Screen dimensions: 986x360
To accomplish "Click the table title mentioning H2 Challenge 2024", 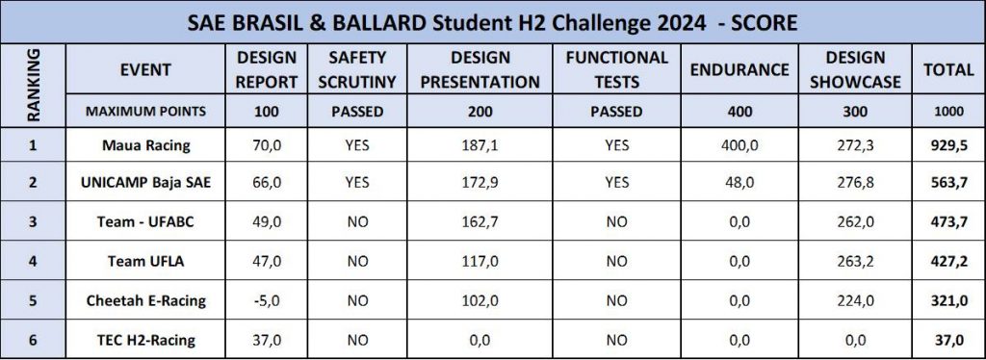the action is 492,23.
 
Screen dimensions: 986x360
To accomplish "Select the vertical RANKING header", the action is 34,85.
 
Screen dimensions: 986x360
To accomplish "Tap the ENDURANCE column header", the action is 739,69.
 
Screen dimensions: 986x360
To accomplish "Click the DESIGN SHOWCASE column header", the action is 855,69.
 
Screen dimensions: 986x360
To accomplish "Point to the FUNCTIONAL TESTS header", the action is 616,69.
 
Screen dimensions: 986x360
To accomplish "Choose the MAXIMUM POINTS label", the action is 146,112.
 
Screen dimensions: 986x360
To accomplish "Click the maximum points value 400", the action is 739,112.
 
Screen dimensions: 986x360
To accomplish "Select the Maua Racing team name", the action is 146,145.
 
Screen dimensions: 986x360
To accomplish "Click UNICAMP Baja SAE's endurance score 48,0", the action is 739,182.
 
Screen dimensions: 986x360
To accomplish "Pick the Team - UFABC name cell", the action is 146,221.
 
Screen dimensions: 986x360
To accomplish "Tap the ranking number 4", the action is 34,261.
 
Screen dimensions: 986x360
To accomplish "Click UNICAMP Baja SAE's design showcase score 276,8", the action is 855,182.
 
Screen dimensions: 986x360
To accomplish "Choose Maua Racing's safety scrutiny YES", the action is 357,145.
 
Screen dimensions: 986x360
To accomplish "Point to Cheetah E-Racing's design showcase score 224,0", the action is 855,301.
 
